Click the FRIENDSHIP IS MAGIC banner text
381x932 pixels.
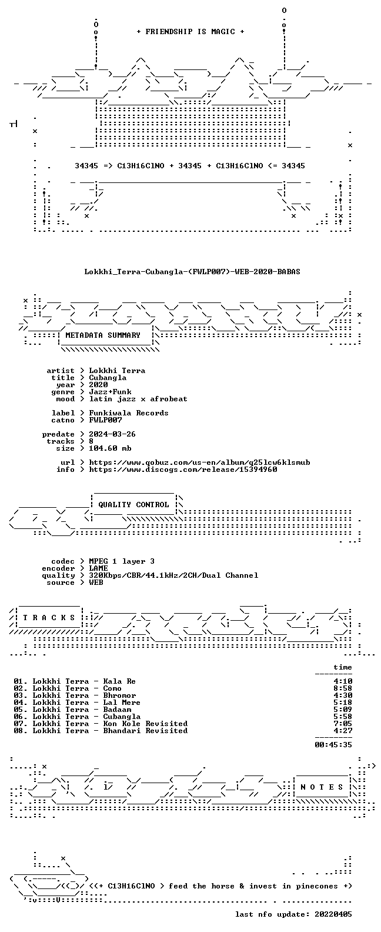pos(190,32)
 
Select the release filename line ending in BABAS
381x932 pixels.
pos(192,272)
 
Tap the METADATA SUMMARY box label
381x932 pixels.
pos(103,335)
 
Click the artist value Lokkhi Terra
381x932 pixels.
pos(117,370)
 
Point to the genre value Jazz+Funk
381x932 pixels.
pos(110,391)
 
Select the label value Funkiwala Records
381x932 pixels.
pos(129,412)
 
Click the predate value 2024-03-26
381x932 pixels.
pos(112,434)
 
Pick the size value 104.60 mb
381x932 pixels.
pos(110,448)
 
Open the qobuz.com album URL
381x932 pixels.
pos(200,462)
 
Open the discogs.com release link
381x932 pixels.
pos(183,470)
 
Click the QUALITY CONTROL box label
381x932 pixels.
pos(133,505)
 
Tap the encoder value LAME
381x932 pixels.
pos(99,568)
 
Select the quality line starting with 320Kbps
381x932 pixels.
pos(173,575)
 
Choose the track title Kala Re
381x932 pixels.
pos(119,681)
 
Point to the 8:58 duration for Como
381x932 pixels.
pos(343,688)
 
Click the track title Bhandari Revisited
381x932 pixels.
pos(146,731)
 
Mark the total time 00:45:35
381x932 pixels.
pos(333,745)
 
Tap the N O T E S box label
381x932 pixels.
pos(322,787)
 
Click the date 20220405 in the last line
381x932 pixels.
pos(333,914)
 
